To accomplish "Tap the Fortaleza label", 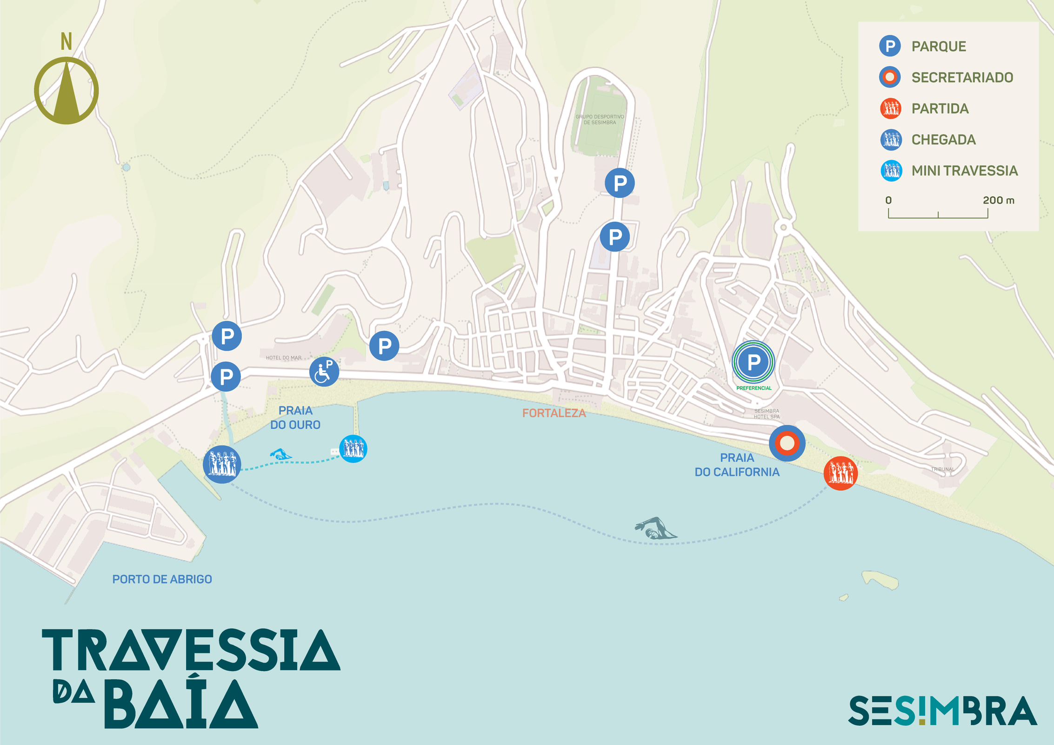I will point(554,413).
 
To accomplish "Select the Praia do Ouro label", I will point(295,418).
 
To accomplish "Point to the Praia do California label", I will point(737,465).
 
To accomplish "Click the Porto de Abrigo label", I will point(162,579).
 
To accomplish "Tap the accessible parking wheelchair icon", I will point(324,372).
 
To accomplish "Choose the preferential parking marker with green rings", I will point(753,362).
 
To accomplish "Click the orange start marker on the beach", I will point(840,473).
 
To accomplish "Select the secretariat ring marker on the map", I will point(787,443).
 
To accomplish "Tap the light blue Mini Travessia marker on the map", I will point(353,448).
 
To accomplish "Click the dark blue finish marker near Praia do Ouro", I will point(222,464).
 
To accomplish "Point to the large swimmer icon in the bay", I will point(655,528).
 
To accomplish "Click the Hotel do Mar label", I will point(283,358).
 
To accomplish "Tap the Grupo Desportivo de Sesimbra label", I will point(600,120).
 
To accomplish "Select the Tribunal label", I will point(942,469).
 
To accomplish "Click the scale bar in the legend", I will point(938,214).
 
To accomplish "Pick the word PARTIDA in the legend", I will point(940,108).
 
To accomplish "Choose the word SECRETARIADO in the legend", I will point(962,77).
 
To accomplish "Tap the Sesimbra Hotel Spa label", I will point(766,413).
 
